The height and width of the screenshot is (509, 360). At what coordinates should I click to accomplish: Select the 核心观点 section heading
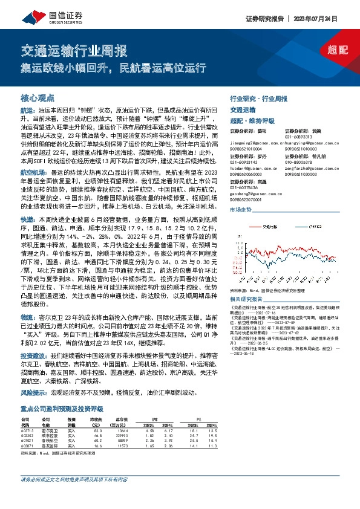pos(38,97)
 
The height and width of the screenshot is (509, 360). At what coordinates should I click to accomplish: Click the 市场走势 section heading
pos(240,210)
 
